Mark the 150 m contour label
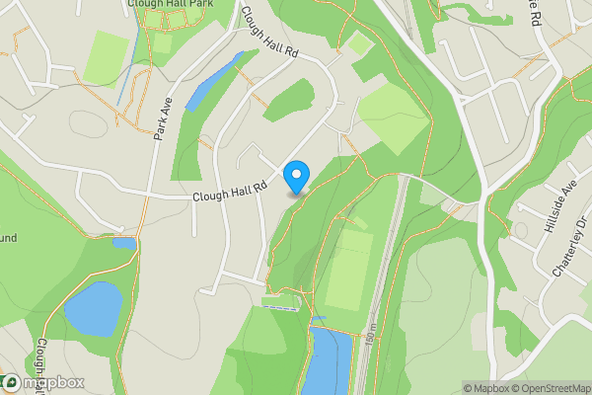(x=368, y=335)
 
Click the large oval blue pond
(x=92, y=308)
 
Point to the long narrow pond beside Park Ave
(x=212, y=82)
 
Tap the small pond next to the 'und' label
(x=123, y=243)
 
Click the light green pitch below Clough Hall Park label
(x=106, y=58)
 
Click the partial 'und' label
(x=8, y=238)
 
